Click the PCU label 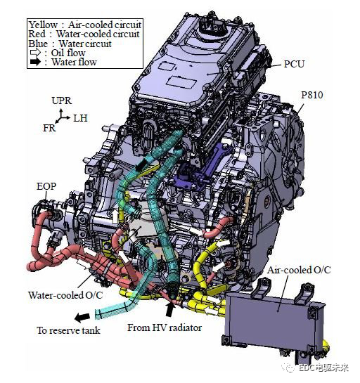(x=294, y=64)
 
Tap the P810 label (x=312, y=95)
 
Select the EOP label (x=46, y=186)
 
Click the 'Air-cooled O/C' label (x=299, y=270)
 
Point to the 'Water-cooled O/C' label (x=65, y=295)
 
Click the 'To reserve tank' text (x=68, y=330)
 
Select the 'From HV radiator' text (x=165, y=327)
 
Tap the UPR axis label (x=62, y=100)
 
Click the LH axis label (x=80, y=118)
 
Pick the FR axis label (x=49, y=128)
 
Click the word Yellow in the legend (x=43, y=25)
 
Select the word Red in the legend (x=37, y=34)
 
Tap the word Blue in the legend (x=38, y=44)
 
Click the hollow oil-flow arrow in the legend (x=35, y=53)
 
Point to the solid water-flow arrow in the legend (x=35, y=62)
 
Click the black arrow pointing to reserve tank (x=82, y=317)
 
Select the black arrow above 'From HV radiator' (x=169, y=310)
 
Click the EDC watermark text (x=323, y=368)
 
